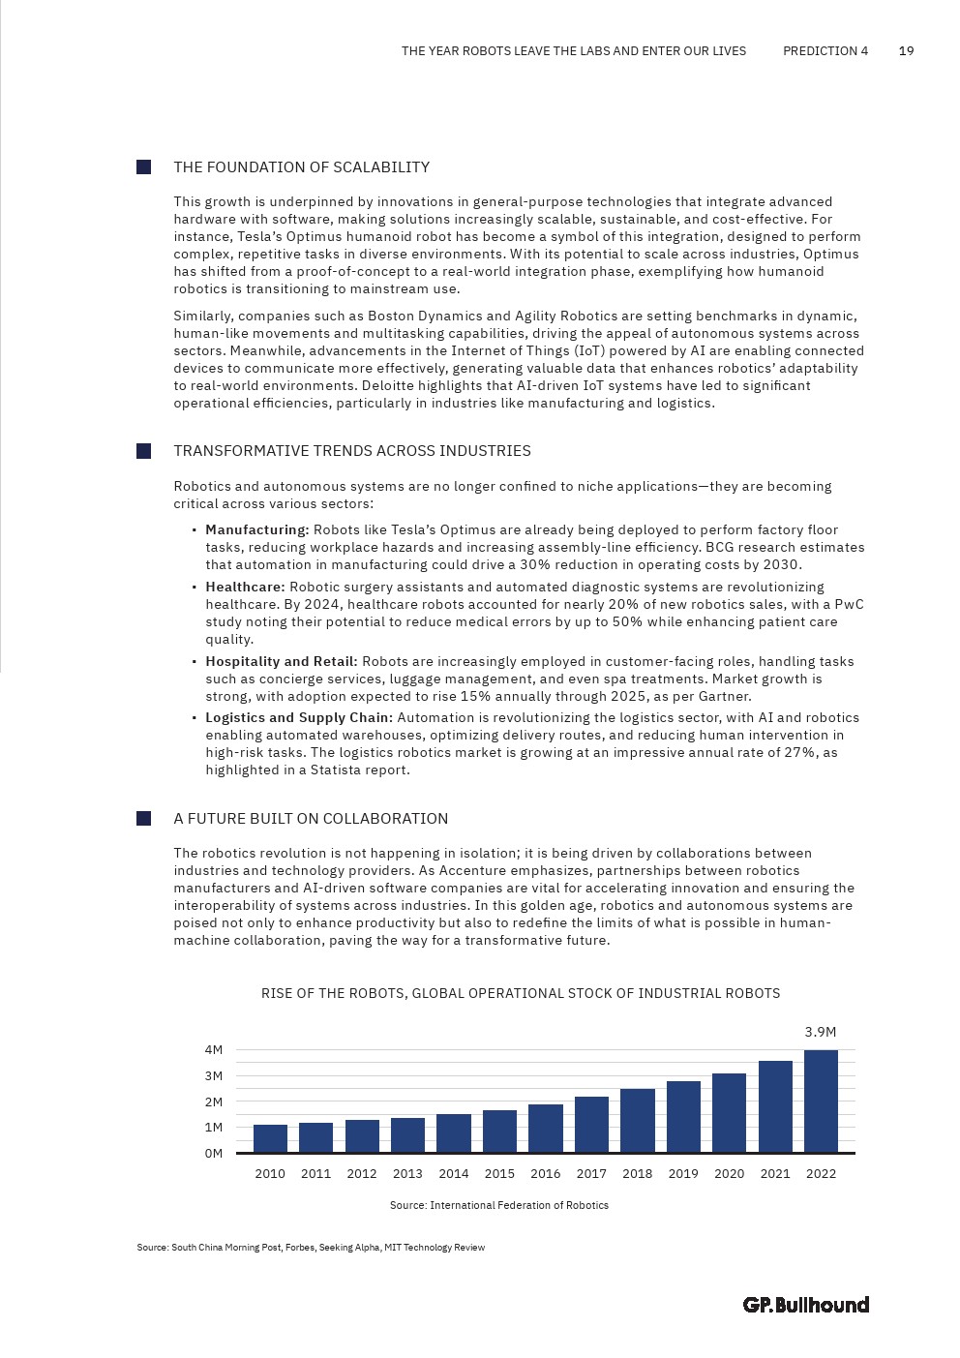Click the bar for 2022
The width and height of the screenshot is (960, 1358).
coord(821,1101)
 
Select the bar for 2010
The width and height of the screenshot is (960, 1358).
coord(270,1138)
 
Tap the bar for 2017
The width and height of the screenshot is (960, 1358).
coord(591,1125)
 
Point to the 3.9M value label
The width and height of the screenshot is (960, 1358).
coord(821,1033)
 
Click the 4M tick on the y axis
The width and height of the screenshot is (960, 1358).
coord(214,1050)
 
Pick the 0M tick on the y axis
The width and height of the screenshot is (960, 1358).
coord(214,1154)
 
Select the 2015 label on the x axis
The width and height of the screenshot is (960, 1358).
coord(499,1174)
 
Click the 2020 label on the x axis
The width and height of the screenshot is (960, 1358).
coord(729,1174)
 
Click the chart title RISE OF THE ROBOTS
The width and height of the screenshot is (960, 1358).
coord(521,993)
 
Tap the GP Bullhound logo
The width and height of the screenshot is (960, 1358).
coord(806,1305)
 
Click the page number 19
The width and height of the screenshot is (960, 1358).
coord(907,51)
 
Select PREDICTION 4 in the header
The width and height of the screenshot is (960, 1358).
coord(825,51)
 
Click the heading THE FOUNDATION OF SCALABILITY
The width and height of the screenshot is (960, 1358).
coord(301,167)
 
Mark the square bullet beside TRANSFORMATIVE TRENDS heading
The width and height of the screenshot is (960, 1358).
coord(144,451)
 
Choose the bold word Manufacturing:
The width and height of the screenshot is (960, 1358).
coord(256,530)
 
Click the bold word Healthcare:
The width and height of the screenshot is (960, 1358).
coord(245,588)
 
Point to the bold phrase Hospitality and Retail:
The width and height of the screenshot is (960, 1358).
coord(281,662)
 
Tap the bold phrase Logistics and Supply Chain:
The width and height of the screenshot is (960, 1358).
coord(298,718)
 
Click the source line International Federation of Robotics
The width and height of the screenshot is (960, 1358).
coord(498,1206)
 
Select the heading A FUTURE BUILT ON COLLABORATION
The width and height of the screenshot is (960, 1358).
coord(311,819)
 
